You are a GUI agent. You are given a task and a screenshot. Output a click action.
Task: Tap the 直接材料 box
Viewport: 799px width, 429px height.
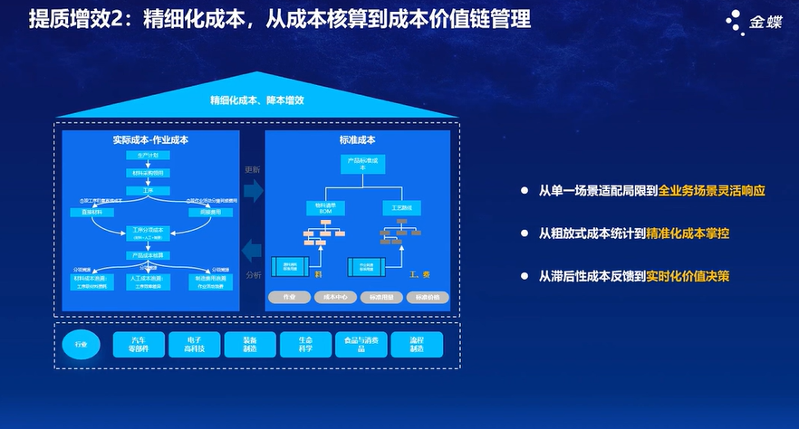point(91,212)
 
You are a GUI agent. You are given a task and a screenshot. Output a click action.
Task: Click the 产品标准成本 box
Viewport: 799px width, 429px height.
point(361,164)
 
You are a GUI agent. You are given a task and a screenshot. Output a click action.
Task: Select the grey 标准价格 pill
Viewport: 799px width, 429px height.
point(428,297)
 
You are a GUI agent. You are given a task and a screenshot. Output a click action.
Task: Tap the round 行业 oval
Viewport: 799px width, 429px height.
point(82,344)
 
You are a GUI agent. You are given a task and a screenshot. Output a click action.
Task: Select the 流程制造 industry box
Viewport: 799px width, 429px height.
point(417,344)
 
